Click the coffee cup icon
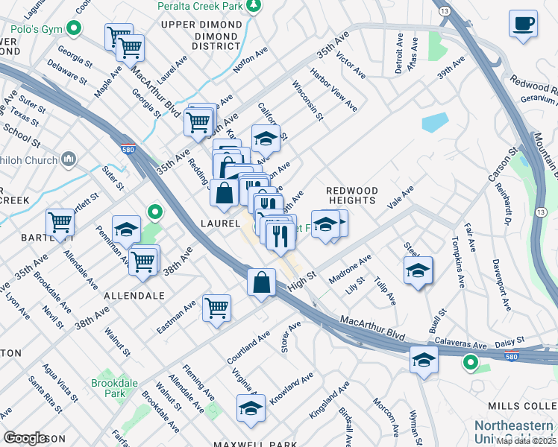pyautogui.click(x=523, y=22)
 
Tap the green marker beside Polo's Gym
pyautogui.click(x=73, y=30)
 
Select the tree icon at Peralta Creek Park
pyautogui.click(x=254, y=6)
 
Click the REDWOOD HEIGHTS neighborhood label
pyautogui.click(x=351, y=195)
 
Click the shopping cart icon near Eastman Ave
pyautogui.click(x=216, y=306)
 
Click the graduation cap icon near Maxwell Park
pyautogui.click(x=251, y=408)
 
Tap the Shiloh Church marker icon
pyautogui.click(x=69, y=159)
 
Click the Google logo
pyautogui.click(x=25, y=438)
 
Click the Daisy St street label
pyautogui.click(x=510, y=342)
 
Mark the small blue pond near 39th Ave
pyautogui.click(x=435, y=121)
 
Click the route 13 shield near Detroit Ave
pyautogui.click(x=445, y=12)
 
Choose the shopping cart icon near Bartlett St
pyautogui.click(x=60, y=221)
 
